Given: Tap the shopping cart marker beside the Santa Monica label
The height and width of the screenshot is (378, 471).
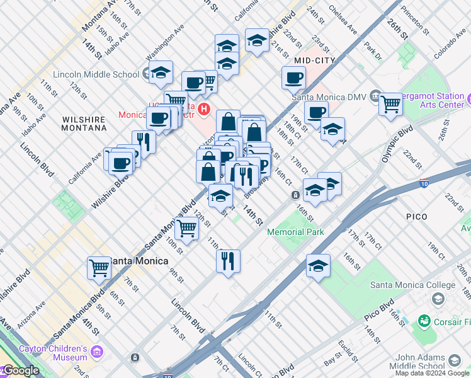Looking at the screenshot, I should click(x=99, y=268).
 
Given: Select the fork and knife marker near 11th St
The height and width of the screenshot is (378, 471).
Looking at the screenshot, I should click(x=228, y=260).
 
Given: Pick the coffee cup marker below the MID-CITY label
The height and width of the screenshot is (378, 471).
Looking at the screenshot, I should click(x=293, y=79).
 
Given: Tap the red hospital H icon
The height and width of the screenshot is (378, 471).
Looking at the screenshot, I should click(x=203, y=110).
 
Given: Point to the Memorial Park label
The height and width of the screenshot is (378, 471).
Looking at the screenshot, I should click(x=295, y=232).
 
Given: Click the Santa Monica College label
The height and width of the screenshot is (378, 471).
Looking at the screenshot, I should click(x=404, y=285).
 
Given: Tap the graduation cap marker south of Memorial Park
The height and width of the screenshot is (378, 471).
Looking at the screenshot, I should click(x=319, y=266).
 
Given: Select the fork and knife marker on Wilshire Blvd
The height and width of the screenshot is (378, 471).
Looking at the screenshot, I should click(x=144, y=142).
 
